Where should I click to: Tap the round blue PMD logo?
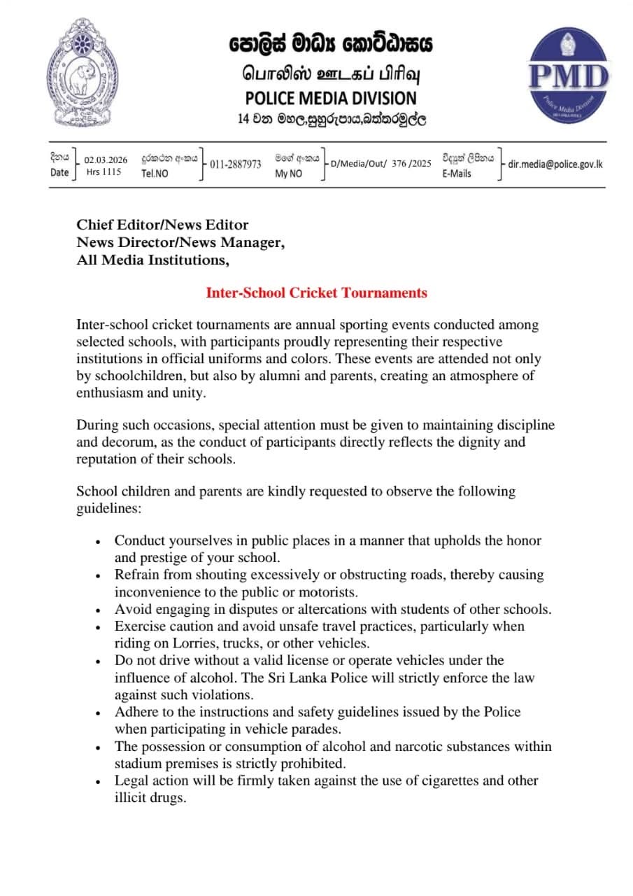[568, 76]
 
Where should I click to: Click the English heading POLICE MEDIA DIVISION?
[331, 98]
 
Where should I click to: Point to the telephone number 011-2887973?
[236, 164]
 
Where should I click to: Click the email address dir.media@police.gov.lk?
[555, 164]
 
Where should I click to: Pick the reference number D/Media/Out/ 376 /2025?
[380, 164]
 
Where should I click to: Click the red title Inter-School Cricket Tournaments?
[316, 293]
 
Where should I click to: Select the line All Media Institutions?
[152, 260]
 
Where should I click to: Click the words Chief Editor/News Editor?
[162, 225]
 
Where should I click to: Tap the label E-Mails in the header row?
[456, 173]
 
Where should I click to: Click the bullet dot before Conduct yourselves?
[99, 541]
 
